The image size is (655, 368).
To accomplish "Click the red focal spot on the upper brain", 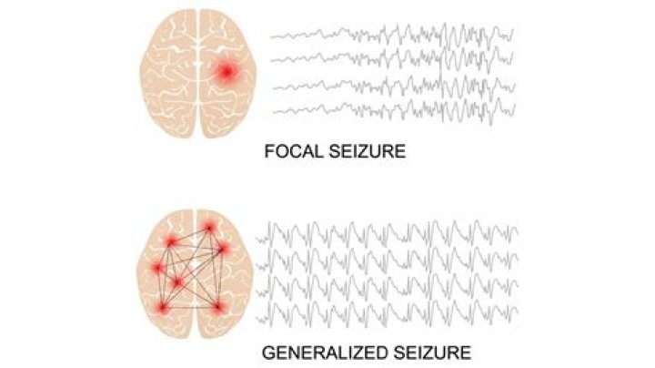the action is (x=227, y=72).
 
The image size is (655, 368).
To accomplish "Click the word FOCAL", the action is (x=294, y=151).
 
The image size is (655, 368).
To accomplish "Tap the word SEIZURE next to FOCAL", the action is (x=368, y=151).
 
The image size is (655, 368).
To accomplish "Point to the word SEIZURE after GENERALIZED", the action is (x=432, y=353).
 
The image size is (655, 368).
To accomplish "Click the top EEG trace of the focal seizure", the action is (x=392, y=36).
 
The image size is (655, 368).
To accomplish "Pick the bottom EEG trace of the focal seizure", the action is (x=394, y=110).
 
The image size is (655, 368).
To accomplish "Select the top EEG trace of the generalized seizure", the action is (x=388, y=233).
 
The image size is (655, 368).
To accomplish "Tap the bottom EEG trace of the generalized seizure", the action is (x=388, y=312).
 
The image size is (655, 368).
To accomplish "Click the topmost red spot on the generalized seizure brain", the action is (x=209, y=228).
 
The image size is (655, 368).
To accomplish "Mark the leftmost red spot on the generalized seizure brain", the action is (x=157, y=268).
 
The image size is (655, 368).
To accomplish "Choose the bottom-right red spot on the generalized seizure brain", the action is (x=217, y=308).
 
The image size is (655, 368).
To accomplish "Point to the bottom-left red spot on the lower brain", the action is (x=163, y=309).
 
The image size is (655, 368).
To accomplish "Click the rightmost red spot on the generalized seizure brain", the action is (x=224, y=250).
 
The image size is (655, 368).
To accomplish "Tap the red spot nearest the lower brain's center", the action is (x=178, y=283).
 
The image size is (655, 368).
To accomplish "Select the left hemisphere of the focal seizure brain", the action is (x=168, y=74).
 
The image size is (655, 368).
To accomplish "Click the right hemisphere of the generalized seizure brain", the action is (x=225, y=274).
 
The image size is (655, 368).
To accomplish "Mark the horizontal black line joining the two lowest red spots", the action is (x=190, y=309).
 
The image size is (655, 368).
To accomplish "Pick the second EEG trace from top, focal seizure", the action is (x=392, y=58).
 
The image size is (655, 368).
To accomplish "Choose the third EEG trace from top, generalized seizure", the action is (x=388, y=286).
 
